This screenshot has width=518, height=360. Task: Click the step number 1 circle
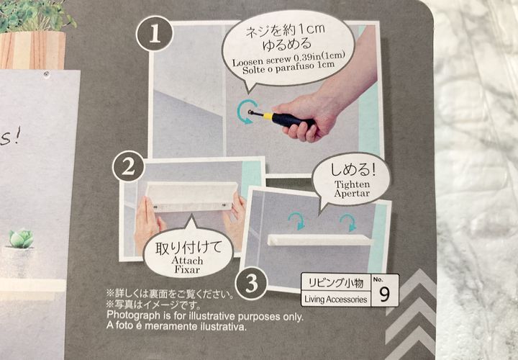tap(154, 34)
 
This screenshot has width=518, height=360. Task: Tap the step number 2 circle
tap(129, 166)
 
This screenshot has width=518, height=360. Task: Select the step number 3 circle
tap(251, 283)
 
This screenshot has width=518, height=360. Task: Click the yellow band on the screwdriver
tap(268, 117)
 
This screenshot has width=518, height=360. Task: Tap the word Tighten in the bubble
tap(352, 184)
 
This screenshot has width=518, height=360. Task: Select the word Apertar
tap(352, 193)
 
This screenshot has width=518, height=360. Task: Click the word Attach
tap(187, 260)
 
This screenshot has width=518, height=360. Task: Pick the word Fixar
tap(187, 269)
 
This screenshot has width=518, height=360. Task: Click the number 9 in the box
tap(384, 294)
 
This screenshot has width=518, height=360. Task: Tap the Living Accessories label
tap(336, 300)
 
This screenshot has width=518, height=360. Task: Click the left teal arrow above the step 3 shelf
tap(296, 220)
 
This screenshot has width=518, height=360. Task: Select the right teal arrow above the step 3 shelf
tap(348, 222)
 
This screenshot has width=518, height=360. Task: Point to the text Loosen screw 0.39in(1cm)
tap(288, 59)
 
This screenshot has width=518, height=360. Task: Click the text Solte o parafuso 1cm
tap(288, 68)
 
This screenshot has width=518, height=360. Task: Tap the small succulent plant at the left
tap(21, 238)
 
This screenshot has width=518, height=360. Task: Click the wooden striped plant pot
tap(32, 50)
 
